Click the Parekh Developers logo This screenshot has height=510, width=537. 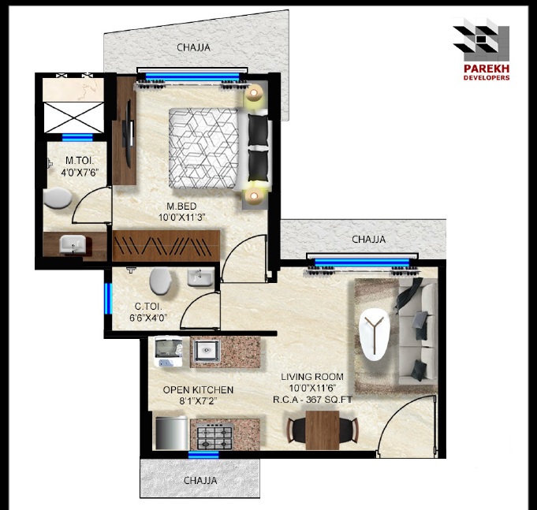tap(481, 49)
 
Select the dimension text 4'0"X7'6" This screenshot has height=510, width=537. tap(80, 173)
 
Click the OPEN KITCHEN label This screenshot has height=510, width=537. tap(198, 390)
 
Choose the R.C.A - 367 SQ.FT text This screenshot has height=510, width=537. tap(312, 400)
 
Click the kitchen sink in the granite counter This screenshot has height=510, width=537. tap(207, 351)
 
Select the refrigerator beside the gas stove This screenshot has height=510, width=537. tap(172, 433)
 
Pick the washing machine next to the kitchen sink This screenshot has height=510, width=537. tap(169, 352)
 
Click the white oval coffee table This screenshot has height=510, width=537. tap(375, 334)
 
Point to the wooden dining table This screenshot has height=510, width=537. tap(323, 430)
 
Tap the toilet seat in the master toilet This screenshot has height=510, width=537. tap(58, 198)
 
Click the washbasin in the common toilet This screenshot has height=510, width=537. tap(200, 277)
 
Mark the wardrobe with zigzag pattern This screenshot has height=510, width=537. tap(166, 246)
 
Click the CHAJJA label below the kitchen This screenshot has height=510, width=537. tap(200, 481)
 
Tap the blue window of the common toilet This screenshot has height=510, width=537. tap(108, 298)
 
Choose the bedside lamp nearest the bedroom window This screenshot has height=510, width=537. tap(254, 93)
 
